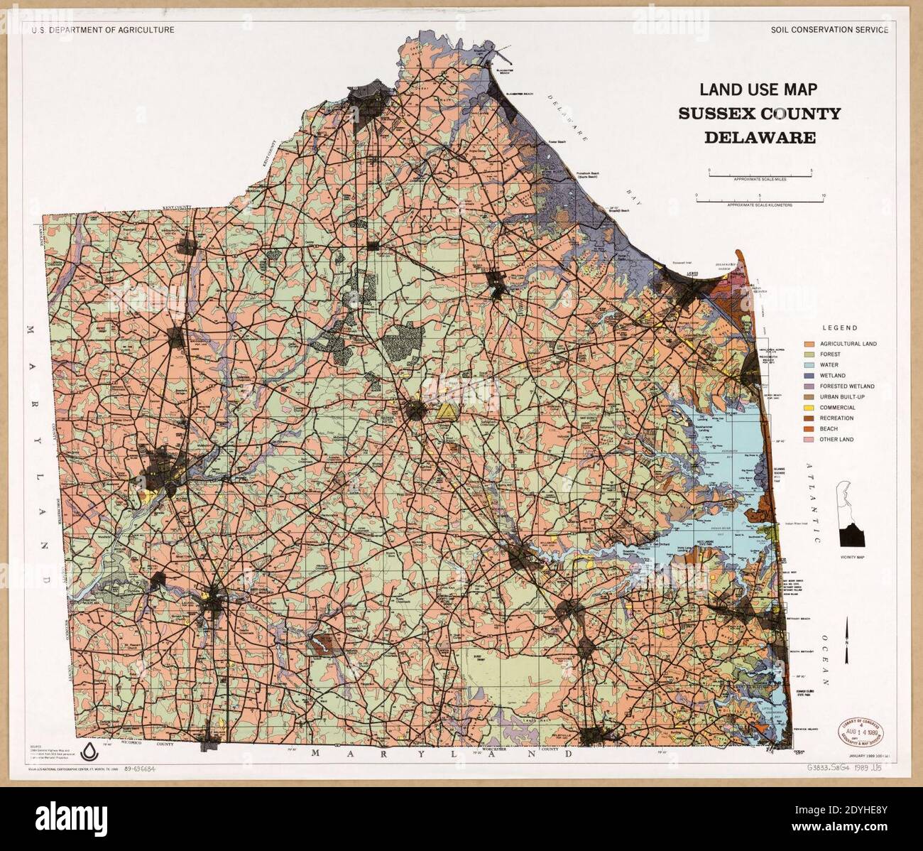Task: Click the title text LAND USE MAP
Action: point(758,90)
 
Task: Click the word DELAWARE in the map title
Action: point(759,138)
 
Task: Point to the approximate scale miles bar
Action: point(759,173)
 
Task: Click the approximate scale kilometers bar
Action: point(759,201)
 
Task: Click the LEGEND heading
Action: point(839,328)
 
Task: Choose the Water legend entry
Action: point(829,365)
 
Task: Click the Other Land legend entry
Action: point(836,440)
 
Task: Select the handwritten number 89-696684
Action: point(140,769)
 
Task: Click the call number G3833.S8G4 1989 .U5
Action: point(843,769)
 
